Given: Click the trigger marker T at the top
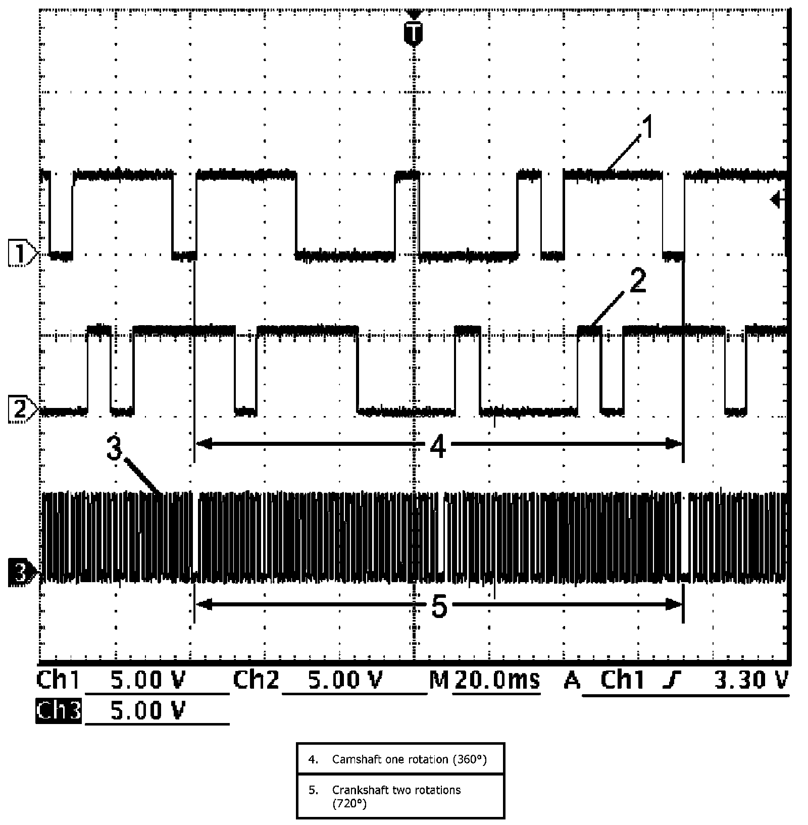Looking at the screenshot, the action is point(413,33).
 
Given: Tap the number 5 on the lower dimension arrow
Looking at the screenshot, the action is point(438,606).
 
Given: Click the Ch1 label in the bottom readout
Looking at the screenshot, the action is point(58,680).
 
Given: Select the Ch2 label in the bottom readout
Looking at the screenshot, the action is point(256,680).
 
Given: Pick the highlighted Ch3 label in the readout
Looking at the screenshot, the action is point(58,711).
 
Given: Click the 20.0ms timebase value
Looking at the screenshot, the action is point(496,680).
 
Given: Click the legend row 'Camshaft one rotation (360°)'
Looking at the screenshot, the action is point(400,759).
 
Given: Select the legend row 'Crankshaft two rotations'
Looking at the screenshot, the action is point(400,796).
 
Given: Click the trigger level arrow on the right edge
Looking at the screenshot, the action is point(777,201).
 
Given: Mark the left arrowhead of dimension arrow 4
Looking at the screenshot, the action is point(202,444).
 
